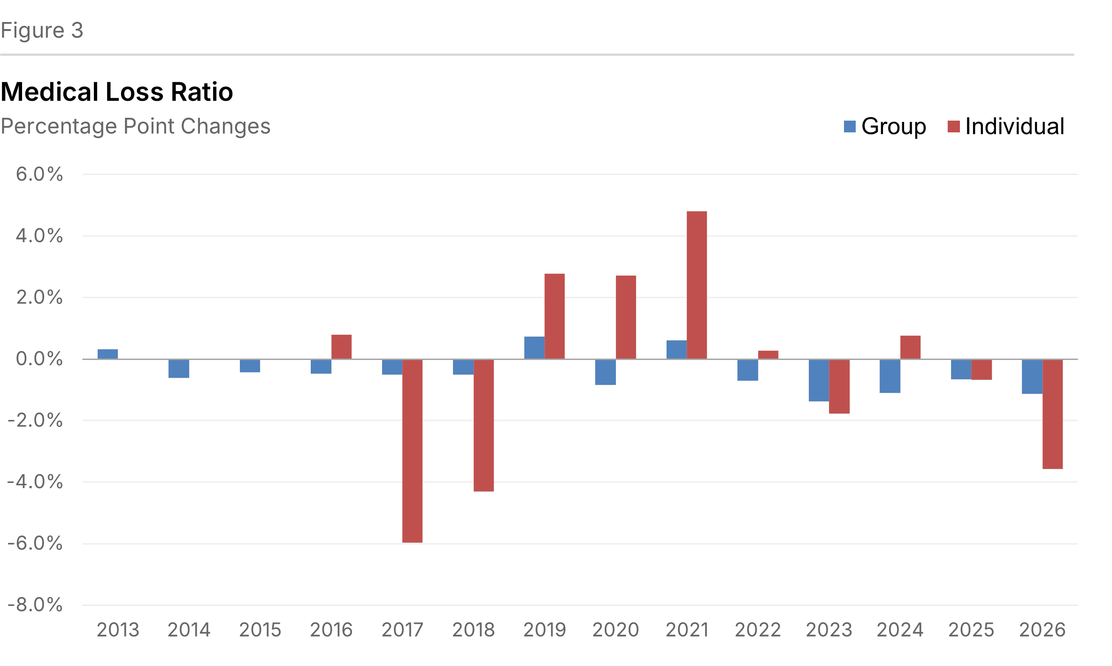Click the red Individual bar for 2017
click(412, 451)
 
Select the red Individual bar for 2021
click(697, 285)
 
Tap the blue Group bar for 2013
click(107, 354)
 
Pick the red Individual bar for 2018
click(483, 425)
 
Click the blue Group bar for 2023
click(819, 380)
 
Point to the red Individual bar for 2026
click(1052, 414)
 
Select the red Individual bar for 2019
click(554, 316)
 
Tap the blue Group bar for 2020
click(606, 372)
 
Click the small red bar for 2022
click(768, 355)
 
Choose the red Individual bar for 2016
click(341, 347)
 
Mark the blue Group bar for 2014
click(179, 368)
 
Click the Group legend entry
click(885, 126)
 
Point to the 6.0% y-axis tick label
click(39, 174)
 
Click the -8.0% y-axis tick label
click(35, 605)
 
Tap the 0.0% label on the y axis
click(39, 359)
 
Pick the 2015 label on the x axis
click(260, 630)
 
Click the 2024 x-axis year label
click(900, 630)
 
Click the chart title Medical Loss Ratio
click(117, 92)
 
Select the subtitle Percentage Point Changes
click(136, 126)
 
